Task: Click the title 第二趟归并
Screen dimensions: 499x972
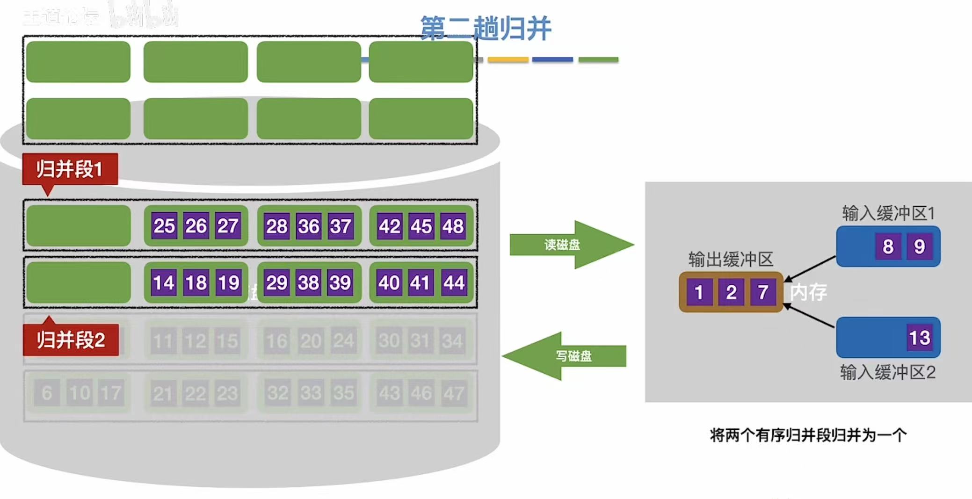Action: point(486,28)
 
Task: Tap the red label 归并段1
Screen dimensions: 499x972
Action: point(70,169)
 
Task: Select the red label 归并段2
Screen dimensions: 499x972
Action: point(71,340)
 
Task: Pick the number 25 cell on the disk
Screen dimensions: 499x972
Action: point(164,226)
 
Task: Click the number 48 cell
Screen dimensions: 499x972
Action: point(453,226)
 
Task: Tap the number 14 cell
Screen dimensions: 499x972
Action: point(164,282)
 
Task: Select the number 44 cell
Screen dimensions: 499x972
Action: point(453,282)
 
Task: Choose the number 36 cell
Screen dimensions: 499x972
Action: point(309,226)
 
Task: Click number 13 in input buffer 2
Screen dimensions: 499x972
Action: point(919,337)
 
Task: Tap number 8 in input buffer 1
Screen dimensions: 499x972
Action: point(888,246)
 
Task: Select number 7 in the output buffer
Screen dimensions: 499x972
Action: point(763,292)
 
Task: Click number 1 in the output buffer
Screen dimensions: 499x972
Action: point(699,292)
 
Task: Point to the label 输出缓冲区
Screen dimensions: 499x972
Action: point(731,259)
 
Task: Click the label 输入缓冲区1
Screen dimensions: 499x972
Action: point(888,213)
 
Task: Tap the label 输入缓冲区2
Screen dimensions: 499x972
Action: point(888,372)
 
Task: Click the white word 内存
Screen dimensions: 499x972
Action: point(808,292)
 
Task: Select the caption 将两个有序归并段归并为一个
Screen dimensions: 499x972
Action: point(808,435)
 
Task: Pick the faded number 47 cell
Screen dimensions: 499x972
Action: point(454,393)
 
